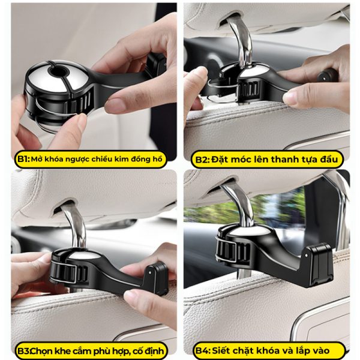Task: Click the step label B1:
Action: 23,160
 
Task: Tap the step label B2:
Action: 200,160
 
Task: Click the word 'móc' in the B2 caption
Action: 239,160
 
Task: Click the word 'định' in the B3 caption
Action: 152,350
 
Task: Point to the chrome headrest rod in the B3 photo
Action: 72,225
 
